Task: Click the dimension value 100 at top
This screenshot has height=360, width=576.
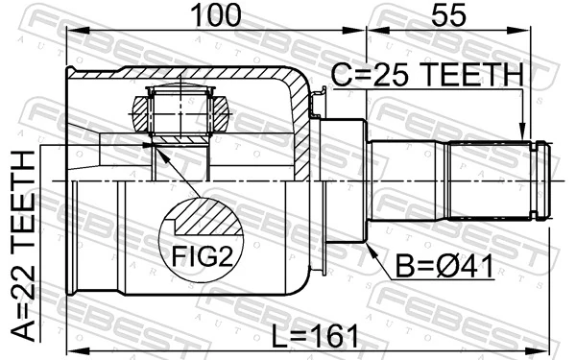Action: [213, 15]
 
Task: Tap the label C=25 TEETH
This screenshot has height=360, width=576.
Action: [427, 75]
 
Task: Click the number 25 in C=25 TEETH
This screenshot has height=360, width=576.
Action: [389, 75]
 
